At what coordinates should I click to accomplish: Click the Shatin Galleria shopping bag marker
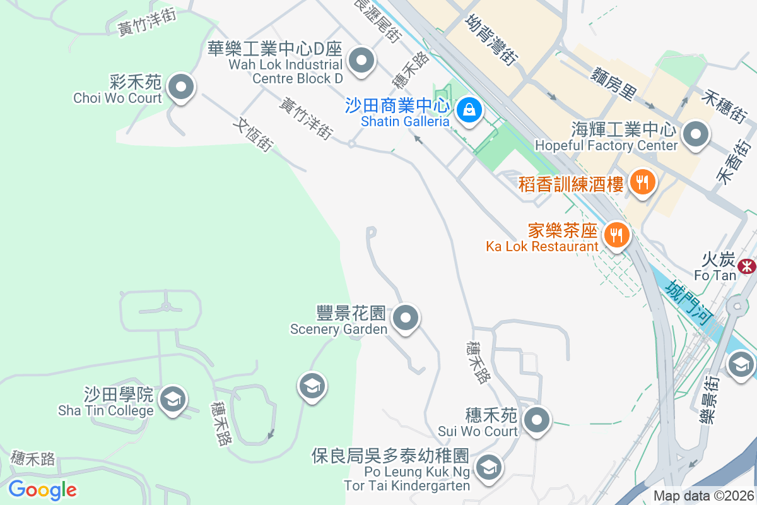pos(469,110)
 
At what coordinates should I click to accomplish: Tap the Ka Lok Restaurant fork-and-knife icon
pos(616,235)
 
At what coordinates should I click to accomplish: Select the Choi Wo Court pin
pos(182,87)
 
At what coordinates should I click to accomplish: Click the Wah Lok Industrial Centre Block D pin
pos(361,62)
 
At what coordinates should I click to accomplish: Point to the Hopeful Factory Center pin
pos(696,134)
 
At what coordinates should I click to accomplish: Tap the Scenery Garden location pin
pos(406,318)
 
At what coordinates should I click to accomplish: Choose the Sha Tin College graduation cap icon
pos(172,399)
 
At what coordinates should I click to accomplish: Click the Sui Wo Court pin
pos(537,420)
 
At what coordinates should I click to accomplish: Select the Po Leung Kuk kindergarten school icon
pos(488,468)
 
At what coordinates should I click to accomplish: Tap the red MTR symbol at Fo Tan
pos(748,265)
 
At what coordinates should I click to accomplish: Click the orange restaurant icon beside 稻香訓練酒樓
pos(642,183)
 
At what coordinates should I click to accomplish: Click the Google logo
pos(42,490)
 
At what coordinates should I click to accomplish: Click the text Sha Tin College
pos(106,411)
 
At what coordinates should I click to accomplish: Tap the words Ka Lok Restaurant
pos(542,246)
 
